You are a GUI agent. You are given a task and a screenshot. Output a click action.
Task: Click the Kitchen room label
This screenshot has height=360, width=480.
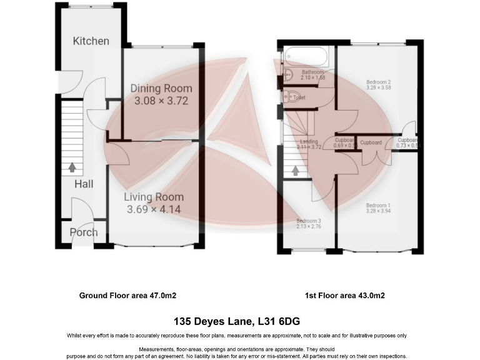pyautogui.click(x=91, y=41)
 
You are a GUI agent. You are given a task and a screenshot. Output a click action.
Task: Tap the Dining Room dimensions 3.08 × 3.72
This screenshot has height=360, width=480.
pyautogui.click(x=161, y=100)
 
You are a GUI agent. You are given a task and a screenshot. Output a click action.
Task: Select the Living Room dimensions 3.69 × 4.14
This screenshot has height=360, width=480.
pyautogui.click(x=154, y=209)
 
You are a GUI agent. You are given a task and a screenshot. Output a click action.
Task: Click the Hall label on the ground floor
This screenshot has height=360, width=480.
pyautogui.click(x=84, y=184)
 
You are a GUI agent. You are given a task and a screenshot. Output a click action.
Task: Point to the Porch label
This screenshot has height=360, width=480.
pyautogui.click(x=84, y=232)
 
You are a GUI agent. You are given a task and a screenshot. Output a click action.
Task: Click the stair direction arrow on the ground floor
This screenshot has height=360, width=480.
pyautogui.click(x=72, y=167)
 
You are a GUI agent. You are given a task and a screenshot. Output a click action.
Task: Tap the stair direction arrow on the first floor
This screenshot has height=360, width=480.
pyautogui.click(x=296, y=169)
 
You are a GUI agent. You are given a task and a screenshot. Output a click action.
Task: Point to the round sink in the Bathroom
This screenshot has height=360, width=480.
pyautogui.click(x=288, y=76)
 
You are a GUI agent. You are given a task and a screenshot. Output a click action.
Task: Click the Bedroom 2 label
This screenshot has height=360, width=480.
pyautogui.click(x=378, y=82)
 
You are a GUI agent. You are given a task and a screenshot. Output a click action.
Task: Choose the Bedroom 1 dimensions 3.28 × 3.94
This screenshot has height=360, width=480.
pyautogui.click(x=378, y=212)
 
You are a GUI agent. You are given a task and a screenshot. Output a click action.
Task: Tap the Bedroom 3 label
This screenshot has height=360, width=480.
pyautogui.click(x=308, y=221)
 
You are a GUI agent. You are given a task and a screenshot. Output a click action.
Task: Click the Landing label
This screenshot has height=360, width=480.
pyautogui.click(x=309, y=142)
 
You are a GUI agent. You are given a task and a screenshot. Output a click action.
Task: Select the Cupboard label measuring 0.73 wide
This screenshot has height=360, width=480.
pyautogui.click(x=407, y=141)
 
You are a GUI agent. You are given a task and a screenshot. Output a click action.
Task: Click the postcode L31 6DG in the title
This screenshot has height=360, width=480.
pyautogui.click(x=278, y=322)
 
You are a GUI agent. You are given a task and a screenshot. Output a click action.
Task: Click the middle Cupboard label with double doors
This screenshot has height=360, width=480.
pyautogui.click(x=371, y=142)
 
